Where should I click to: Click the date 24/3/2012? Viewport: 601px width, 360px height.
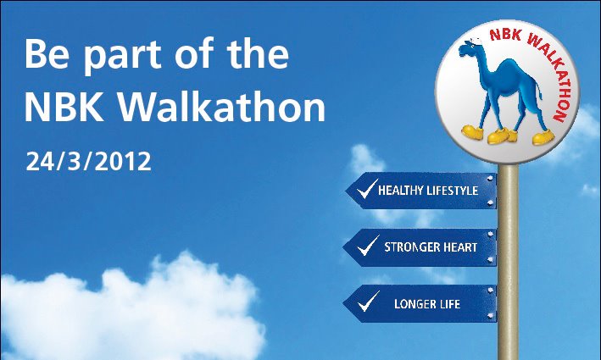click(89, 161)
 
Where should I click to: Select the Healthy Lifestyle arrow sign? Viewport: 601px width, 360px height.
click(424, 191)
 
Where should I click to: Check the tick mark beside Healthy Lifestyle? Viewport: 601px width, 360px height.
click(365, 191)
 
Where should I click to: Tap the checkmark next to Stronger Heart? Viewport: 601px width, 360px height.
click(367, 246)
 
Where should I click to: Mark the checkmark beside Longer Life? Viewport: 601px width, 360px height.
click(367, 302)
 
